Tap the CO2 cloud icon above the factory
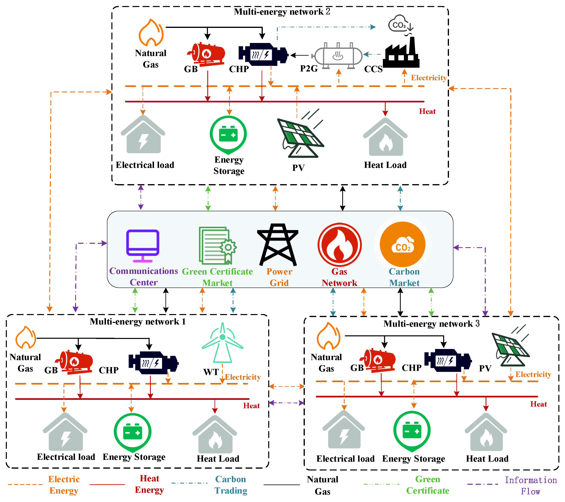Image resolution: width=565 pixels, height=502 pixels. coord(400,24)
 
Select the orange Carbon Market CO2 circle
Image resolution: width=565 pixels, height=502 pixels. coord(403,244)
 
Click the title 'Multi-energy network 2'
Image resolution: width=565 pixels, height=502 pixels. coord(282,12)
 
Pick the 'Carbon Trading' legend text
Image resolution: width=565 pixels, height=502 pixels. coord(231,485)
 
